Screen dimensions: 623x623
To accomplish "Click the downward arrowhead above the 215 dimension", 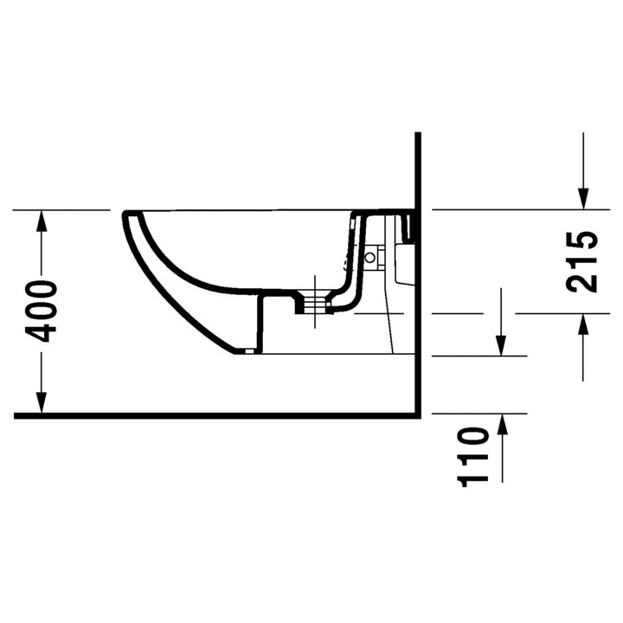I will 583,198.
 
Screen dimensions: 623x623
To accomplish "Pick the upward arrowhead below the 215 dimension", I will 583,324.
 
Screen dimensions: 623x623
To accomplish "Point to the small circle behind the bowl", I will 374,257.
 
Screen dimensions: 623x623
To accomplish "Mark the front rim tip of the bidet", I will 126,214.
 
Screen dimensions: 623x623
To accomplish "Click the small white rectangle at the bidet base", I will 249,351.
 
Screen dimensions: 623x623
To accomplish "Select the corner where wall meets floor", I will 417,415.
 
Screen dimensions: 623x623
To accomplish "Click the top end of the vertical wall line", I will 417,134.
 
